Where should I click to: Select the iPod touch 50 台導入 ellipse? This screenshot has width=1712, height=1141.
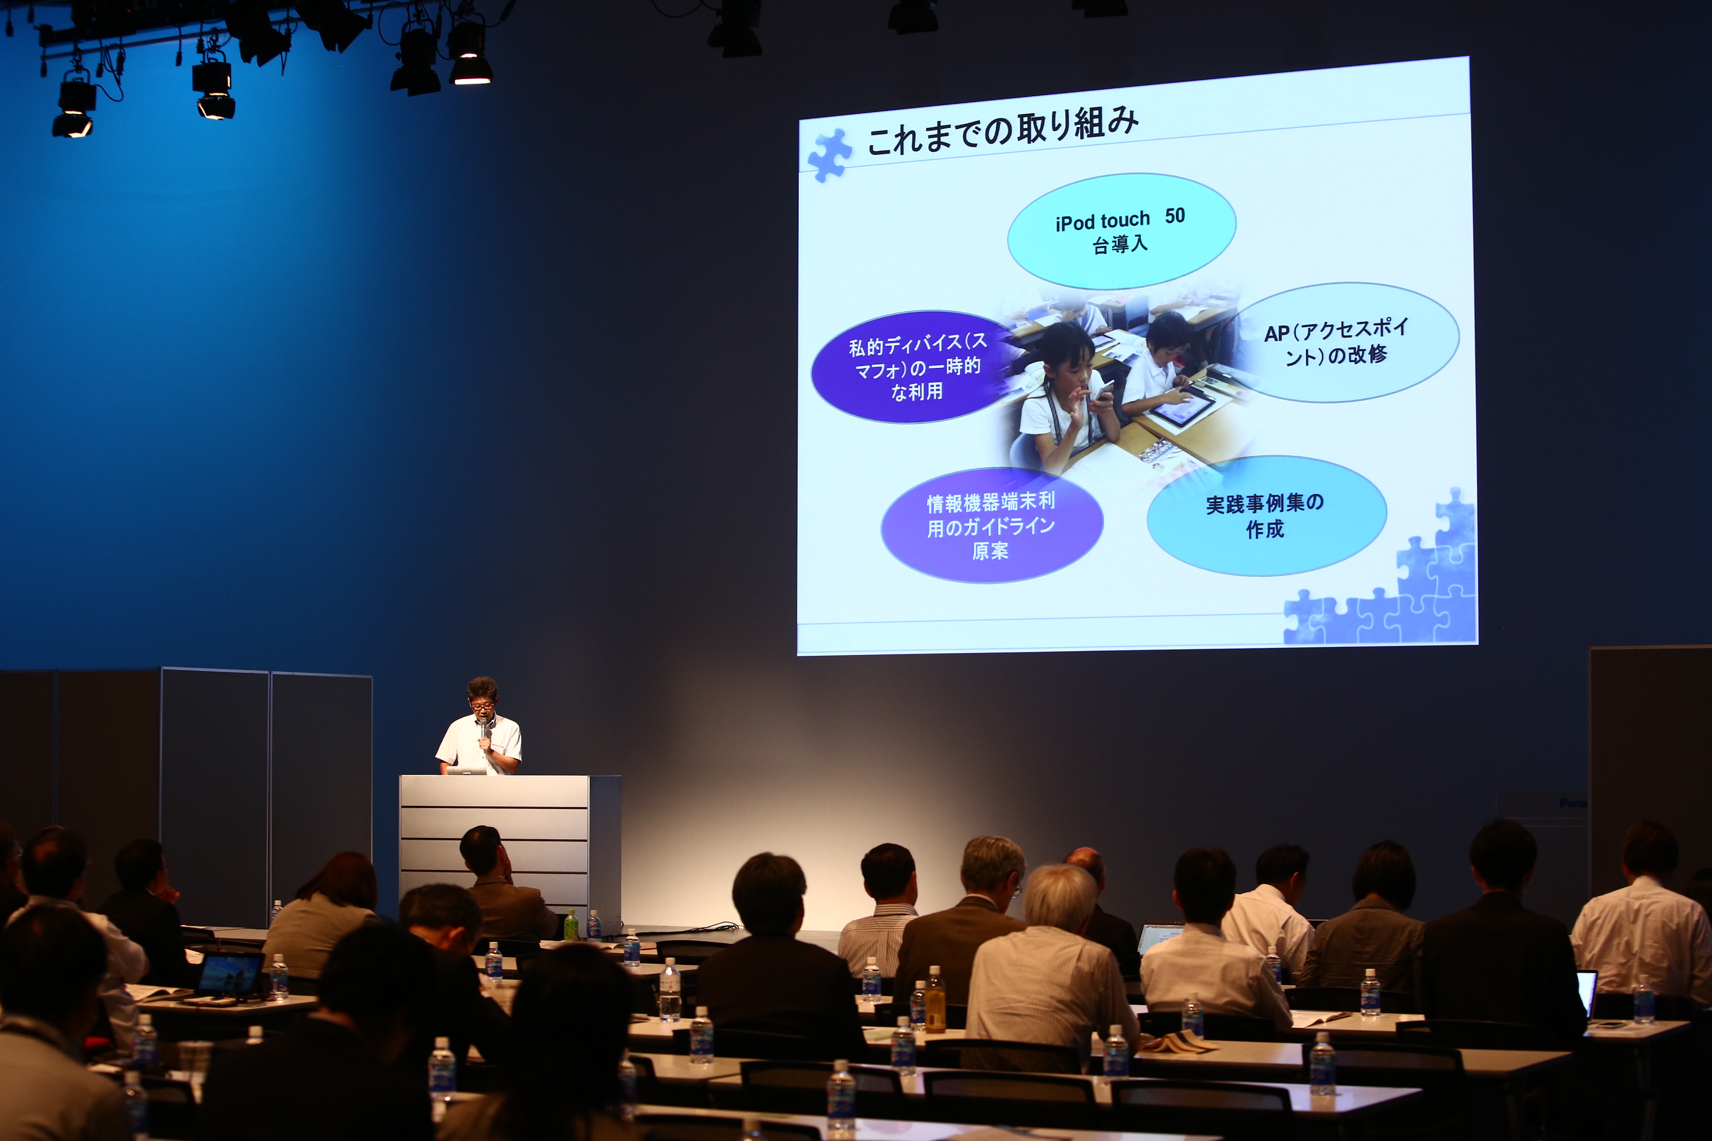1121,231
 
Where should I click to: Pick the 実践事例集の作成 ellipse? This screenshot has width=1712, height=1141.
1267,515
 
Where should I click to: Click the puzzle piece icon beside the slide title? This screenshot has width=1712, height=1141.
829,154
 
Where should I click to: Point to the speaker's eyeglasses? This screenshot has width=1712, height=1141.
482,706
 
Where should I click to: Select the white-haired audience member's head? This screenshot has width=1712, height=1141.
1061,902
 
